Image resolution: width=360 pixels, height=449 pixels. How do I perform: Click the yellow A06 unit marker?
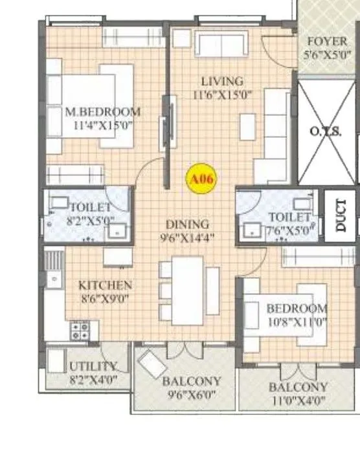pos(200,178)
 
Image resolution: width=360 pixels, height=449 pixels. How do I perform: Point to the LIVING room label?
pos(221,82)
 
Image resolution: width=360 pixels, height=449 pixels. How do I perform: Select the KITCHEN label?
pos(105,285)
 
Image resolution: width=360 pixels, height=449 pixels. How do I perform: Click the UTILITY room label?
pos(93,367)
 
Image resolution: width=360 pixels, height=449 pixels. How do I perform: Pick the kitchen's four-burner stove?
pos(80,331)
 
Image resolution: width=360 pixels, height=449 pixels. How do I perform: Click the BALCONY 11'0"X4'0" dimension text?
pos(298,400)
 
